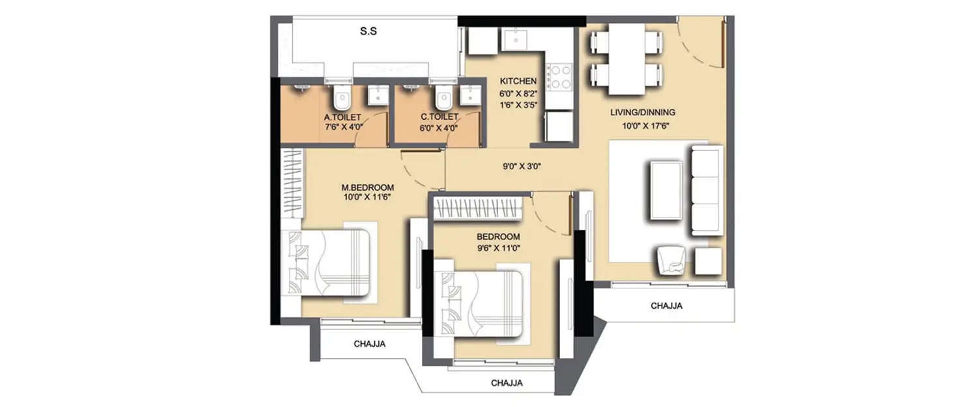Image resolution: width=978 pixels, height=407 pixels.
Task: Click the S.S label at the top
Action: click(369, 31)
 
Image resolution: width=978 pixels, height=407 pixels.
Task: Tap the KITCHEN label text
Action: click(518, 81)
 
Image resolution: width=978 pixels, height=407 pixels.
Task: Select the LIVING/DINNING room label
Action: click(642, 112)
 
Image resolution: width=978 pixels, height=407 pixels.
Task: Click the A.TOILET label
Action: click(343, 117)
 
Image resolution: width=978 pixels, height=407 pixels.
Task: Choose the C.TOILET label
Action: click(439, 117)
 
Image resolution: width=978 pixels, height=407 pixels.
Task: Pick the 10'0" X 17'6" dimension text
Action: click(642, 126)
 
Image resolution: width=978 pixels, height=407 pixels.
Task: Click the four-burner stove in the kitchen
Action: click(559, 77)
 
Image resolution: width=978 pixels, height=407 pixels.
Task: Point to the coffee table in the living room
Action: click(666, 189)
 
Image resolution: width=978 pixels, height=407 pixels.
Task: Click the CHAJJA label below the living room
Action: click(666, 305)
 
